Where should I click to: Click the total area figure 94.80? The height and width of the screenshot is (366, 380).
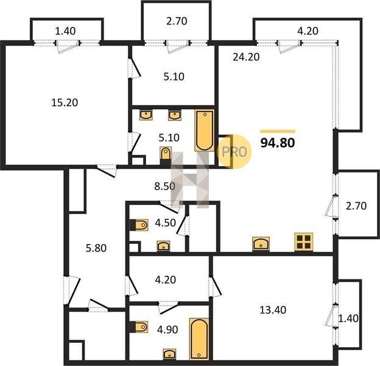pos(278,143)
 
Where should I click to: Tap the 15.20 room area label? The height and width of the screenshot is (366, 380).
pos(65,102)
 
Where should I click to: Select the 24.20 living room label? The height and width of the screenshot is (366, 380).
pos(246,57)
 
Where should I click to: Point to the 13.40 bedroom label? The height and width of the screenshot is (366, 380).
pos(273,310)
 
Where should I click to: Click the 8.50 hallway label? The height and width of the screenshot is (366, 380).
pos(165,187)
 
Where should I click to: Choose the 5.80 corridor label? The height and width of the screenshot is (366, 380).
pos(96,248)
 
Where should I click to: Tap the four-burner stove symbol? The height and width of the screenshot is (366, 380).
pos(304,242)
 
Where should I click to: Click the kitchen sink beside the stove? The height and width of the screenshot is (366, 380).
pos(261,243)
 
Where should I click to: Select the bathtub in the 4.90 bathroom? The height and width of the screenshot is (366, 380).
pos(199,339)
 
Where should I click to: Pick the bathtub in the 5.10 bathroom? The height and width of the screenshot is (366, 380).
pos(205,131)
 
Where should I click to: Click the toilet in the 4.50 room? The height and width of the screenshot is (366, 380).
pos(139,225)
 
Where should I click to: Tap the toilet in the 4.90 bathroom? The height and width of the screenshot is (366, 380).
pos(139,327)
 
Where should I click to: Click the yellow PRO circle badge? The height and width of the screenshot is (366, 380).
pos(234,152)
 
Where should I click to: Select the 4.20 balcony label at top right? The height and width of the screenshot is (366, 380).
pos(308,31)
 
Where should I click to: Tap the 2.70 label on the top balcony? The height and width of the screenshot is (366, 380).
pos(177,21)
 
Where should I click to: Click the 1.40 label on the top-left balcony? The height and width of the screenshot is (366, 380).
pos(65,31)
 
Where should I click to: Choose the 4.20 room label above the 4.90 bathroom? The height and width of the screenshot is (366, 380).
pos(165,279)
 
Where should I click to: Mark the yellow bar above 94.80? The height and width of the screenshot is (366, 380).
pos(278,132)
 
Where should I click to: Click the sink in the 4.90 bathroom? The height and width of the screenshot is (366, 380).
pos(170,354)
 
